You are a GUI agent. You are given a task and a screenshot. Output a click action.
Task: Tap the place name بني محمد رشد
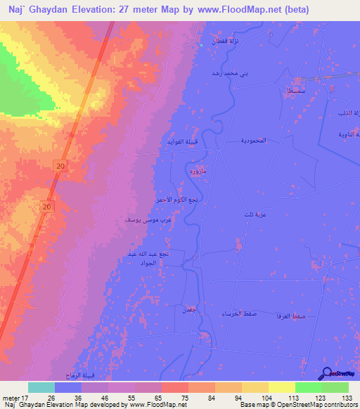226,73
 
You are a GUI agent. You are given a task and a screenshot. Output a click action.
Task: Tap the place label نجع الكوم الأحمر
176,200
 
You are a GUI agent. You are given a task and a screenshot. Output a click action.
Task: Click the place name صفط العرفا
308,317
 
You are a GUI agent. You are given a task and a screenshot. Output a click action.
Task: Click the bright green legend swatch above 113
308,387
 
